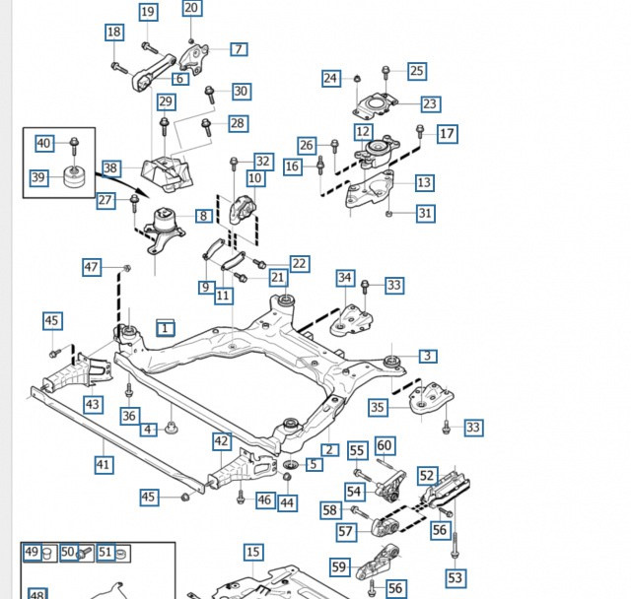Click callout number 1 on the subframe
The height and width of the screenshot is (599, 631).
(x=165, y=327)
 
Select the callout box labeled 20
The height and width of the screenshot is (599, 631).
(x=191, y=9)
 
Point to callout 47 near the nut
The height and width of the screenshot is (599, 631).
(x=92, y=267)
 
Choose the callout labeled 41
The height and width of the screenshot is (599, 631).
(x=104, y=463)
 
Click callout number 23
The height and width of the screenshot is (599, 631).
(x=430, y=103)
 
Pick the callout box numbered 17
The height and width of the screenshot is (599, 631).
(x=447, y=133)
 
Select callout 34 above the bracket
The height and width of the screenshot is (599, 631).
(x=344, y=278)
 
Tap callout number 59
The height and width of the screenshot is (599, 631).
(x=339, y=566)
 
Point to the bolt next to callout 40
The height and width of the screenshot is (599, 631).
(x=73, y=147)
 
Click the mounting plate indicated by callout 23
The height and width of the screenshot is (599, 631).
(x=375, y=103)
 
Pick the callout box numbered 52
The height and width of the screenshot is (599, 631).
(x=427, y=476)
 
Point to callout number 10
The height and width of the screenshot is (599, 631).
(x=255, y=178)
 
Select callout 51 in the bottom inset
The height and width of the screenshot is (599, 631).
(x=105, y=553)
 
